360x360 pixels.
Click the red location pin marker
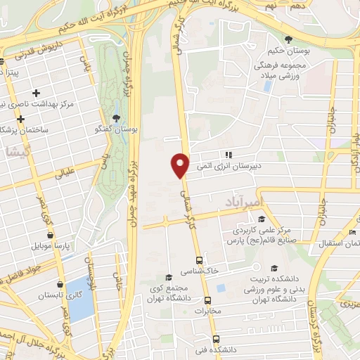181,164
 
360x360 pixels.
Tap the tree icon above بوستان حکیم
288,39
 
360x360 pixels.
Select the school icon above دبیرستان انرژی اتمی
227,155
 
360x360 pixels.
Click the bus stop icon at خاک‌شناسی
200,259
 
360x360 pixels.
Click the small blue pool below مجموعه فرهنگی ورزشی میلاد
267,86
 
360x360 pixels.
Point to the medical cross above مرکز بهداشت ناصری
37,93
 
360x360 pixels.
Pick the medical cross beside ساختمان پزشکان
21,119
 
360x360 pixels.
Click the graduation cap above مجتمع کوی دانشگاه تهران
167,277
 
